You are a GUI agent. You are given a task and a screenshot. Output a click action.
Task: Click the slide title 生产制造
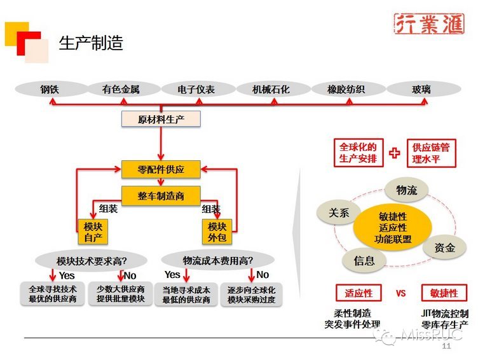point(91,43)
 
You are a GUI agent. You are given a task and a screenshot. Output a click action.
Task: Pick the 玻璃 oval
point(421,90)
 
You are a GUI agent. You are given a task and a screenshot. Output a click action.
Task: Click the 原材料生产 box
point(161,119)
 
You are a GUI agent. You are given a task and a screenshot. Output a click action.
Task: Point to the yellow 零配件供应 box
point(161,169)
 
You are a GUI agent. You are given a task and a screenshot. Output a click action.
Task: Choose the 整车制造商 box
point(161,196)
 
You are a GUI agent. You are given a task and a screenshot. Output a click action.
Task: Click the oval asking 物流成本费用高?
point(218,260)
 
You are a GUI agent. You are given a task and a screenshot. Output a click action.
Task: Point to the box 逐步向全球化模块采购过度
point(252,294)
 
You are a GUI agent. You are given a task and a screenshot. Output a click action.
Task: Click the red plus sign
point(395,153)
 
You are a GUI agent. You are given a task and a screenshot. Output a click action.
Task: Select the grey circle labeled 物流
point(407,190)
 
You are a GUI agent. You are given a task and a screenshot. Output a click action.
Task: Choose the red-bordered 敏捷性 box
point(444,293)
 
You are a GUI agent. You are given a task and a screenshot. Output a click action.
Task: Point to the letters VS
point(401,294)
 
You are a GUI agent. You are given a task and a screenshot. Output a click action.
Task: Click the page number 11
point(446,346)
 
